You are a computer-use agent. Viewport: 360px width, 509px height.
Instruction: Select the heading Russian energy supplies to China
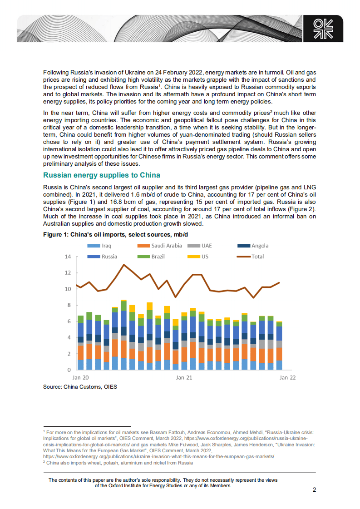point(101,175)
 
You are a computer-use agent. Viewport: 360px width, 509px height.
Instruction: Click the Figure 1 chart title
point(115,235)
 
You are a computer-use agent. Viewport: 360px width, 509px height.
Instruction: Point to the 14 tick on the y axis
point(68,257)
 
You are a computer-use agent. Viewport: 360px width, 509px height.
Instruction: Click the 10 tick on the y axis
point(68,289)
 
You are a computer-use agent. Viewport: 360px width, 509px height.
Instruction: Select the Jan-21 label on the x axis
point(183,377)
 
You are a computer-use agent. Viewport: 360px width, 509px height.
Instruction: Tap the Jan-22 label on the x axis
point(287,377)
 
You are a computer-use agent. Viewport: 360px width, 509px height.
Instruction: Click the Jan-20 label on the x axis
point(80,377)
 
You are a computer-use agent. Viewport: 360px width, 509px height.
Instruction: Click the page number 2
point(314,490)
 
